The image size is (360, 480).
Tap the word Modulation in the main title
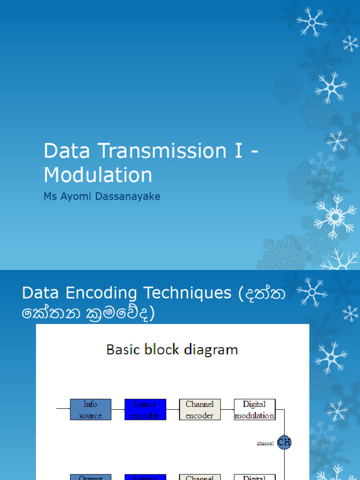[98, 175]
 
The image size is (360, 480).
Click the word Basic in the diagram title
[123, 350]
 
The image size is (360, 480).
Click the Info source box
[90, 409]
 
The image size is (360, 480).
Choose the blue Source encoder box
[145, 409]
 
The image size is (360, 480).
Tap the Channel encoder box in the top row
[200, 409]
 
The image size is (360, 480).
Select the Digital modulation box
[255, 409]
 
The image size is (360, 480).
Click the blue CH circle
[284, 442]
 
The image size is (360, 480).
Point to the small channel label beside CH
[265, 443]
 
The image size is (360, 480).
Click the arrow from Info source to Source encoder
[118, 409]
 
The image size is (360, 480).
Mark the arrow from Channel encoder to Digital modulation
[227, 409]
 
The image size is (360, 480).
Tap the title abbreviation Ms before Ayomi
[50, 196]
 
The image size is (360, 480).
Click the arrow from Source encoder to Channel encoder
[172, 409]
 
